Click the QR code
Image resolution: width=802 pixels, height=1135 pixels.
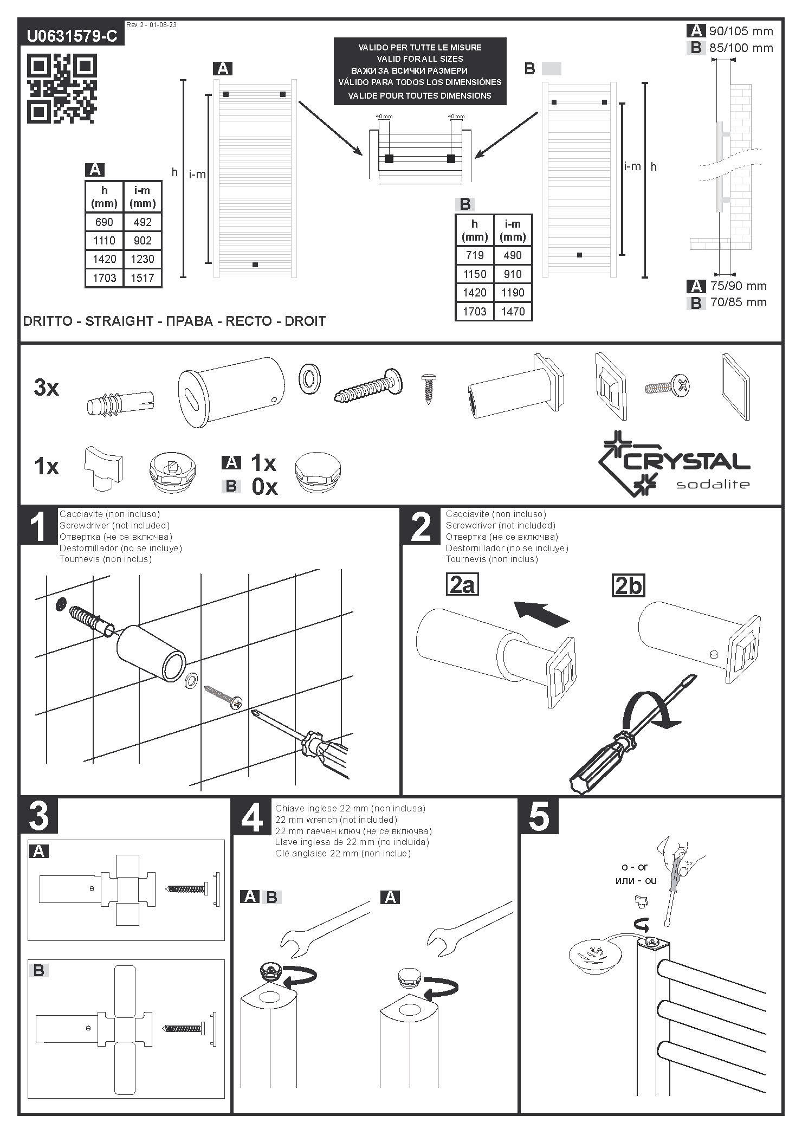61,88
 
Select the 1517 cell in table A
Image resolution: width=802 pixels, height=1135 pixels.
143,278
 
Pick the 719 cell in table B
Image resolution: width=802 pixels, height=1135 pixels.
475,255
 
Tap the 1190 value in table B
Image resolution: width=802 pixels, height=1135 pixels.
513,293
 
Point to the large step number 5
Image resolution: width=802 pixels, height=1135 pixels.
539,816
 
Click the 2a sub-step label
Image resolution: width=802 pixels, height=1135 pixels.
462,585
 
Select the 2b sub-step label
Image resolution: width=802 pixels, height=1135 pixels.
629,585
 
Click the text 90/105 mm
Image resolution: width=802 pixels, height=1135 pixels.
741,31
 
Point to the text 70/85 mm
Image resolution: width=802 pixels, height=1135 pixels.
738,302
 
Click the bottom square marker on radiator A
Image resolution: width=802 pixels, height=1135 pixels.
255,265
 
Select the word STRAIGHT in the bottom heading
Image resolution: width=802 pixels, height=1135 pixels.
119,321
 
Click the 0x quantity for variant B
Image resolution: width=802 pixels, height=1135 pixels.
264,487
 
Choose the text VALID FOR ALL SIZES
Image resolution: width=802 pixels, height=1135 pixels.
420,59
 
